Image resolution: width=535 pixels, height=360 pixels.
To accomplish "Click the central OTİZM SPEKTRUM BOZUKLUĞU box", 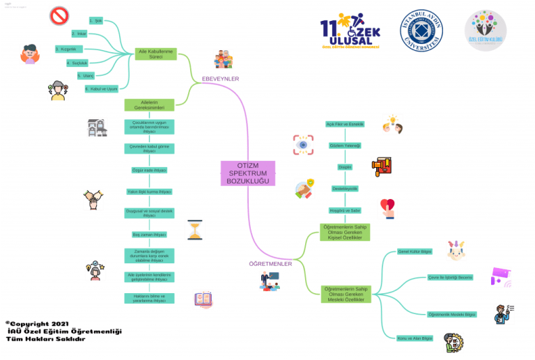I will click(247, 173).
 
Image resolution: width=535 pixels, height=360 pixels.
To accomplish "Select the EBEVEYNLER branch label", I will click(220, 79).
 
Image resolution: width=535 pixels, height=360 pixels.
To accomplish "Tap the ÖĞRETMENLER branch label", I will click(270, 264).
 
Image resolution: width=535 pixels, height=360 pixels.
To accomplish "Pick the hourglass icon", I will click(194, 230).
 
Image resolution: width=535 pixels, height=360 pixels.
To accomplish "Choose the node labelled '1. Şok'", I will click(96, 21).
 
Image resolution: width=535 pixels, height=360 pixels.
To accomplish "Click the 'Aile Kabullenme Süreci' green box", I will click(156, 54).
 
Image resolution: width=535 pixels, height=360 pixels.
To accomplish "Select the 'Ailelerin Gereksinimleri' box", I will click(148, 105).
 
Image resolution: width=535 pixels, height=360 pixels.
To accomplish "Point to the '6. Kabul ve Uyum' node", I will click(101, 88).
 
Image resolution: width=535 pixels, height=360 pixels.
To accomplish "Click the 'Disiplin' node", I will click(345, 167).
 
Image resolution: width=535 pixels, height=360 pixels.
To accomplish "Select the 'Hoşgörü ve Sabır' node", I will click(345, 210).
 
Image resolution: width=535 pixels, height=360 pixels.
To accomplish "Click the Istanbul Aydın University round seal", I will click(422, 31).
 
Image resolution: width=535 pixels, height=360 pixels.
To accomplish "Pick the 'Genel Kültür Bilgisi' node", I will click(414, 251).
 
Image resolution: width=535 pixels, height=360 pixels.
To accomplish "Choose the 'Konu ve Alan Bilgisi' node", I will click(415, 338).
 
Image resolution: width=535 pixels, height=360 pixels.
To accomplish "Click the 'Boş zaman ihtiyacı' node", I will click(149, 235).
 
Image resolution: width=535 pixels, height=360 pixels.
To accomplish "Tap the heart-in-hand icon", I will click(387, 207).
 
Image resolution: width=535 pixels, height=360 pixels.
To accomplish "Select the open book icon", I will click(203, 300).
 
